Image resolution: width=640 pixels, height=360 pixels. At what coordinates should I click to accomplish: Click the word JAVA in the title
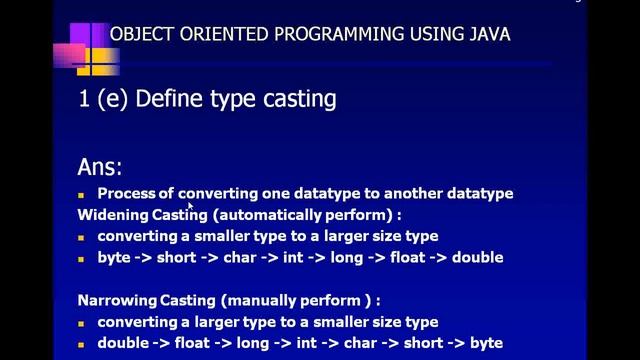[487, 34]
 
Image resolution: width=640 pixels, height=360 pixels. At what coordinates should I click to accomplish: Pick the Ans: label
[100, 167]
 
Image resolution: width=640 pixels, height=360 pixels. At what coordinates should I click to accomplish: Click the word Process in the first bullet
[128, 193]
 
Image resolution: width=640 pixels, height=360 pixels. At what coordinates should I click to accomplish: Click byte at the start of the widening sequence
[114, 257]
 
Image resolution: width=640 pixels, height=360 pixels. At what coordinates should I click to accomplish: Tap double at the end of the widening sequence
[477, 257]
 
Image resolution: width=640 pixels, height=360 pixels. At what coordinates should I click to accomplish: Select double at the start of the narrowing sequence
[123, 343]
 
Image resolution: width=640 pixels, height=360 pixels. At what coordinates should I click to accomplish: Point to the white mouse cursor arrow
[190, 205]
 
